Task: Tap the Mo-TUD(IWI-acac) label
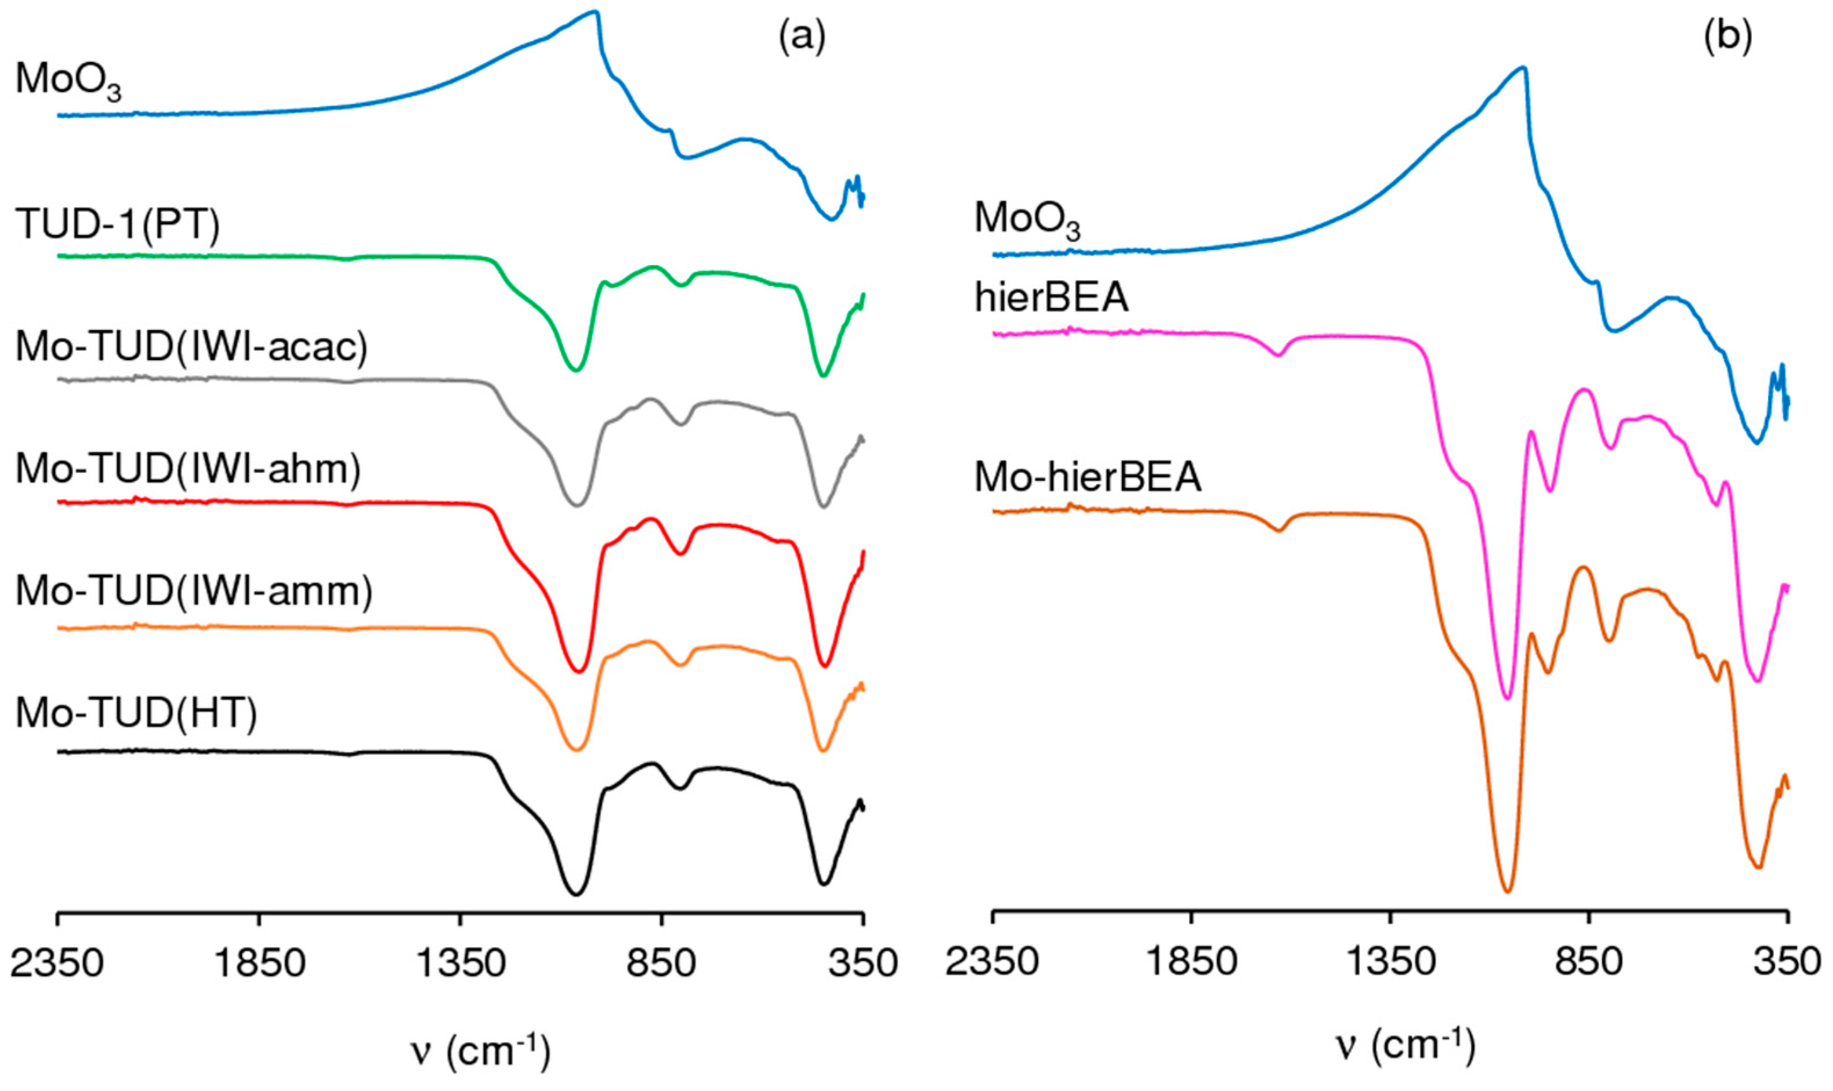(191, 347)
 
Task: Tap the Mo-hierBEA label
(1088, 479)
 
